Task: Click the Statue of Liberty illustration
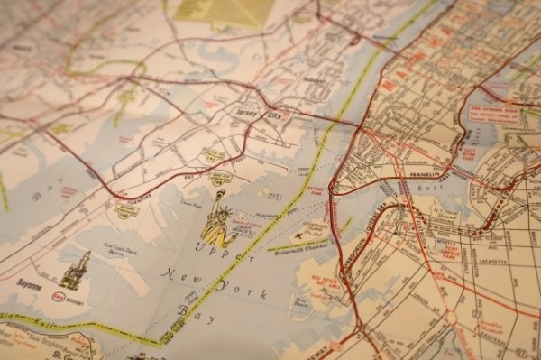click(x=217, y=221)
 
